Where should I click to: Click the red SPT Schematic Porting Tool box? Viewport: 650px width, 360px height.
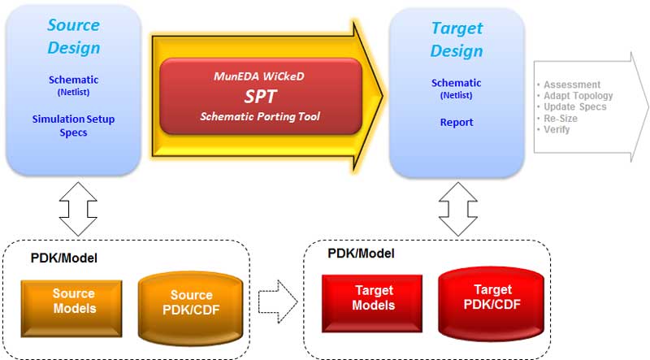coord(261,96)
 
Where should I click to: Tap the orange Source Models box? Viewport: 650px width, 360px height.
coord(71,308)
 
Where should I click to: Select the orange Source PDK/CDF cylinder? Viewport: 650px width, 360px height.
coord(191,308)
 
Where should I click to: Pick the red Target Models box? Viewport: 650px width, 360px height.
coord(372,303)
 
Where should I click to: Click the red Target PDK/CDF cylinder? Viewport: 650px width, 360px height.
coord(492,303)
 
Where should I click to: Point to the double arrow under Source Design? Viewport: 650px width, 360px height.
coord(78,209)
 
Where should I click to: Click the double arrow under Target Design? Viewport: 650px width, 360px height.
coord(457,209)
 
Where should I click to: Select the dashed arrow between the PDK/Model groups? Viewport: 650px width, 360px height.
coord(278,301)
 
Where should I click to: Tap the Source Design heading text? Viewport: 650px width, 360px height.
coord(74,37)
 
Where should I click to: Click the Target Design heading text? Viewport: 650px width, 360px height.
coord(457,40)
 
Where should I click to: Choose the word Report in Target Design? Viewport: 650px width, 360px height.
coord(457,123)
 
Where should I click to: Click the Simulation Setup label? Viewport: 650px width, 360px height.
coord(73,119)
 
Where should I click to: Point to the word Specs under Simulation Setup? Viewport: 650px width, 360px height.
coord(73,132)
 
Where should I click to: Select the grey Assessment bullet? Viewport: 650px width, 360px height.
coord(572,85)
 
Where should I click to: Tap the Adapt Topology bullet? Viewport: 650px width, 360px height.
coord(578,96)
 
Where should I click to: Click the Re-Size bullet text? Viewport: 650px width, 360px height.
coord(561,118)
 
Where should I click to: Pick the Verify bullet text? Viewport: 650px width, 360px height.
coord(557,129)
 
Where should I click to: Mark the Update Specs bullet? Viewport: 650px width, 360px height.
coord(575,107)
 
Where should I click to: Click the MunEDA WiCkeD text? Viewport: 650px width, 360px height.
coord(259,76)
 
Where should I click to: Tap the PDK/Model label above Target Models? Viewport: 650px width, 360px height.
coord(361,254)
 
